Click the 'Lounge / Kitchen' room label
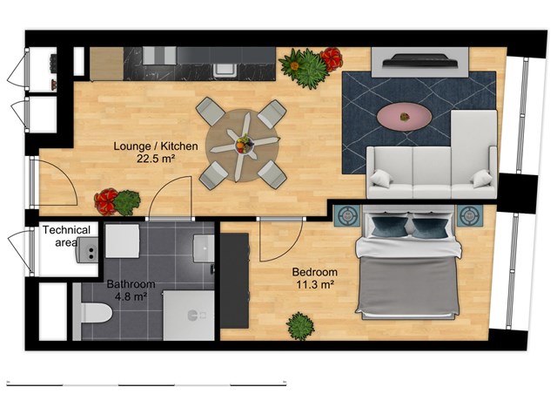coord(156,146)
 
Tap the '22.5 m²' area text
coord(156,159)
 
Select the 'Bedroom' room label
coord(315,272)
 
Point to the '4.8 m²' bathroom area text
coord(131,296)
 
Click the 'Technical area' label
coord(67,236)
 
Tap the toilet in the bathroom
coord(93,313)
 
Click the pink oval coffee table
coord(404,117)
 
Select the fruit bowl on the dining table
coord(245,144)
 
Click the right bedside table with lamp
coord(470,215)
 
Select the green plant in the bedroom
coord(300,326)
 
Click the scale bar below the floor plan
coord(146,384)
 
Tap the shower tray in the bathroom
coord(189,316)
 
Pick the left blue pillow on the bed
coord(390,227)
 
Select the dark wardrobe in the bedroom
coord(234,281)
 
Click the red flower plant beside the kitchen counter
coord(332,59)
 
